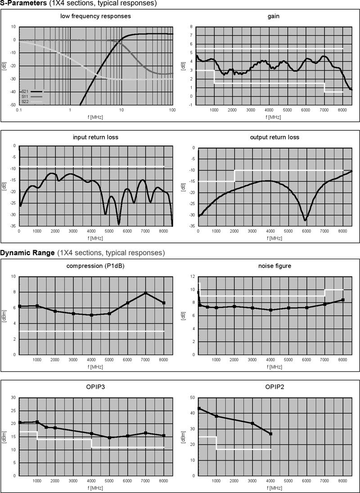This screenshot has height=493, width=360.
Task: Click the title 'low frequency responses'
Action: coord(95,16)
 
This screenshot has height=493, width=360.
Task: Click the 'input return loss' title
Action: coord(95,137)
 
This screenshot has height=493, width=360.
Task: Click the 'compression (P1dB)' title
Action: coord(95,266)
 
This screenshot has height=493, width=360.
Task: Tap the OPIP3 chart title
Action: coord(95,386)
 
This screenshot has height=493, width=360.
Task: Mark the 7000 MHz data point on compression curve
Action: coord(146,293)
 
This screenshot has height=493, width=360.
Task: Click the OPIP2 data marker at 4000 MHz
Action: coord(271,434)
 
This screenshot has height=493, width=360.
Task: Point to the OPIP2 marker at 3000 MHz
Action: coord(252,423)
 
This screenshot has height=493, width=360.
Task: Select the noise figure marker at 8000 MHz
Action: coord(343,300)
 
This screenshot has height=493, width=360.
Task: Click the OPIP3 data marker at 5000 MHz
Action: coord(109,438)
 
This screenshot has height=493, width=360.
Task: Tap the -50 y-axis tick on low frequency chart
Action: coord(13,105)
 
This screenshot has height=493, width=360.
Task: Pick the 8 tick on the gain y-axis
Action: coord(191,27)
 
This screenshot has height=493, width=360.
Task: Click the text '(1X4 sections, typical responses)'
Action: coord(111,253)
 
